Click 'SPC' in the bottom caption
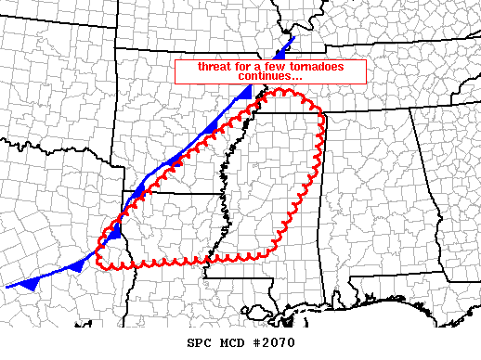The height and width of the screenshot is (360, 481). tap(198, 342)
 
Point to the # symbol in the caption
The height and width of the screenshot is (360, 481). tap(253, 342)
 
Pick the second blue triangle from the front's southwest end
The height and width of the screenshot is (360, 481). tap(78, 266)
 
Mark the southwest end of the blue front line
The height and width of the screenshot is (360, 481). tap(6, 286)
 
